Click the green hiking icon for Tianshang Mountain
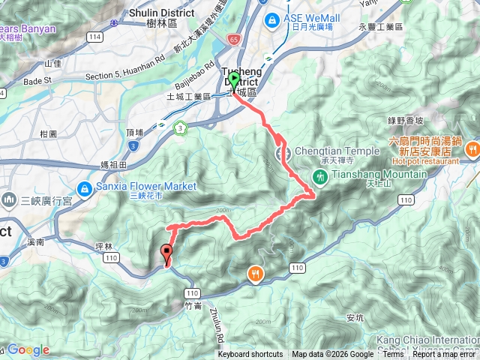[320, 176]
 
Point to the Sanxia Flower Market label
[146, 186]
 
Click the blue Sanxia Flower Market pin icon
[84, 188]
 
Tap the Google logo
[28, 349]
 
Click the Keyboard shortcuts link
[250, 355]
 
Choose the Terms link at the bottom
[393, 355]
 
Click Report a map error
[445, 355]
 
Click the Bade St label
[37, 80]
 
